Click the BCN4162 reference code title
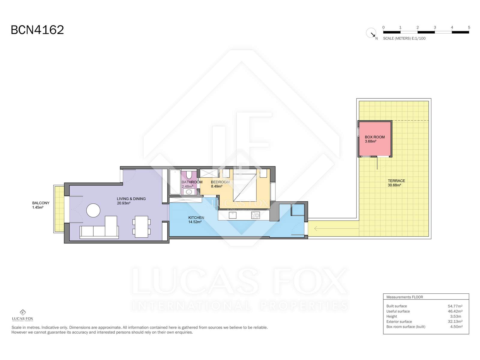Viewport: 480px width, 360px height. [37, 30]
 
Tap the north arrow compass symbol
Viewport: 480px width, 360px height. [371, 33]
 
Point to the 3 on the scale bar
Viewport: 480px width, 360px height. [435, 27]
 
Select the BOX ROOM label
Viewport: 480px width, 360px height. [375, 137]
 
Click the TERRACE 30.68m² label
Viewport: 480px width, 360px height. [396, 183]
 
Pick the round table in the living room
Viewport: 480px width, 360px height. [93, 210]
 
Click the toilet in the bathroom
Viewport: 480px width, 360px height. [189, 175]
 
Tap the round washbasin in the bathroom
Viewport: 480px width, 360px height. [189, 192]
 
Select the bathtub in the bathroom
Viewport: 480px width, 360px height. [175, 182]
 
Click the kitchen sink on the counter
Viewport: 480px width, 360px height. [232, 215]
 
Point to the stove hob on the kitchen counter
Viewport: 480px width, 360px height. [255, 215]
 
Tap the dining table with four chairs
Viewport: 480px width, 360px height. [142, 227]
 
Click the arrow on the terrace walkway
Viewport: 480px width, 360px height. [336, 229]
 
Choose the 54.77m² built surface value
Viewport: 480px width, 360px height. [455, 306]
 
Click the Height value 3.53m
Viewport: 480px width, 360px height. [455, 316]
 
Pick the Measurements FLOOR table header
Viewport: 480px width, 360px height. [405, 297]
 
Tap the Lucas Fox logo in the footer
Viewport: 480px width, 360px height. [22, 315]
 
